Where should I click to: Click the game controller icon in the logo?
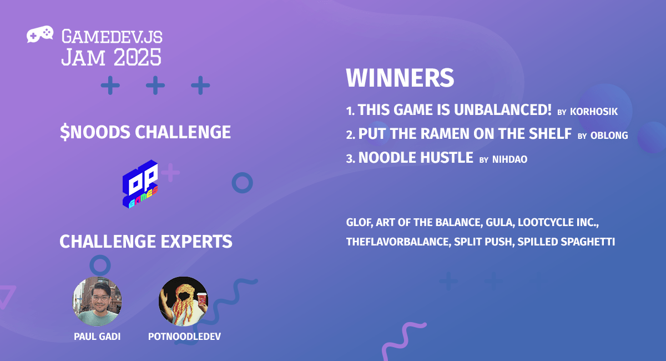pos(40,34)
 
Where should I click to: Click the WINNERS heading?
pos(400,78)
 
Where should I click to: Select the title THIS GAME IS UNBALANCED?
pos(455,110)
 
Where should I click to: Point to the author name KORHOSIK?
pos(594,112)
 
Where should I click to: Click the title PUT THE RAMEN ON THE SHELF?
pos(465,134)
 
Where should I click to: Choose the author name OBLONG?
pos(609,136)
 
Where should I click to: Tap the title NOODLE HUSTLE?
pos(416,158)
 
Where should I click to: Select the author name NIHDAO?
pos(509,159)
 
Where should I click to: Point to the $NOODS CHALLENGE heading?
pos(145,132)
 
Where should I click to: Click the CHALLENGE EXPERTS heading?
pos(145,242)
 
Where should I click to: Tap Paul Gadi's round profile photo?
pos(97,300)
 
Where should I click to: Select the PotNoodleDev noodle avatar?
pos(184,300)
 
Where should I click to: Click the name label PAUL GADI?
pos(97,337)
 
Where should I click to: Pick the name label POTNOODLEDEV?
pos(184,337)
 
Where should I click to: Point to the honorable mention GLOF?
pos(358,223)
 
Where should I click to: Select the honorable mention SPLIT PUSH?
pos(482,243)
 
